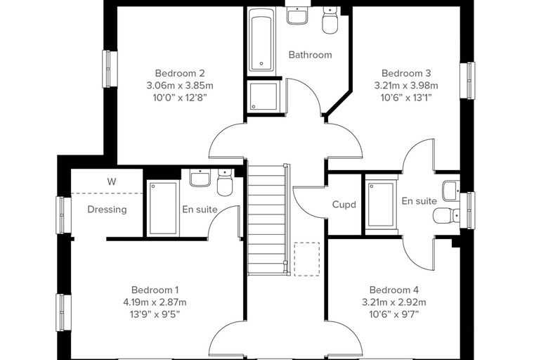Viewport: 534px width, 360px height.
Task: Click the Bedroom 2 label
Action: click(x=180, y=73)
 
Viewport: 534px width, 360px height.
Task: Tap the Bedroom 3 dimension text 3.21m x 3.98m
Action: click(x=406, y=85)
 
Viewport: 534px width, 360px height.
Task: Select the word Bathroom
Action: click(x=310, y=55)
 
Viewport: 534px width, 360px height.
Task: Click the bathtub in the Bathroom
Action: click(x=261, y=40)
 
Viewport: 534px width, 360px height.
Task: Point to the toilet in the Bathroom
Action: click(x=330, y=21)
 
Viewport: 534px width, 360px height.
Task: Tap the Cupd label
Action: click(x=344, y=205)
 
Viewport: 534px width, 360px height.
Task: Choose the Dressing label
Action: click(x=107, y=210)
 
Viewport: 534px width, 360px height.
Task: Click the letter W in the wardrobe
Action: click(x=111, y=181)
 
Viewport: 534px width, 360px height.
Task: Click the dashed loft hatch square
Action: click(x=307, y=259)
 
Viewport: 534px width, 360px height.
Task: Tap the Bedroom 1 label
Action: click(x=155, y=290)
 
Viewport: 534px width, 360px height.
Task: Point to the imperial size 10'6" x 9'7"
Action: click(x=393, y=314)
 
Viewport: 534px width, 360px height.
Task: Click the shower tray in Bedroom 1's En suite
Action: click(x=163, y=208)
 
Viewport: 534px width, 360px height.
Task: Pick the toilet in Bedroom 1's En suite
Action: click(x=225, y=182)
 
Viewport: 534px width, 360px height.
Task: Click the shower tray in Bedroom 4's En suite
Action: click(x=382, y=205)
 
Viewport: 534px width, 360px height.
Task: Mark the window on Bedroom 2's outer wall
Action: click(x=110, y=69)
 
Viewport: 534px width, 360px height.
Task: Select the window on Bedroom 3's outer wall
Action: click(x=467, y=80)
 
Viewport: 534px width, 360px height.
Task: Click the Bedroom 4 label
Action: click(x=394, y=290)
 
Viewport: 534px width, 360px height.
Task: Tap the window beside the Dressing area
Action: click(x=63, y=215)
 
